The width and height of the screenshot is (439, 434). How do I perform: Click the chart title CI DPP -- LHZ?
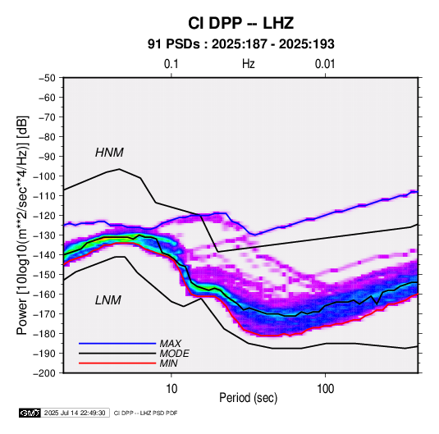pos(240,23)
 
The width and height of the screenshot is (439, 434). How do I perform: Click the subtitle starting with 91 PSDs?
pos(240,44)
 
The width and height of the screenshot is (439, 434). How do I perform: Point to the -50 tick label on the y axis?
pos(47,78)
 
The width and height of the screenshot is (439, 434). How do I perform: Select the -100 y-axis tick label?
pos(44,176)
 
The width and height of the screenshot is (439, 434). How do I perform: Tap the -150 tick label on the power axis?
pos(44,275)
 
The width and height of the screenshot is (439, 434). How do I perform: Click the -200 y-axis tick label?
pos(44,373)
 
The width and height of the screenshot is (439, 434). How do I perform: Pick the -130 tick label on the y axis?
pos(44,235)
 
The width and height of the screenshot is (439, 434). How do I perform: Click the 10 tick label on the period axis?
pos(171,389)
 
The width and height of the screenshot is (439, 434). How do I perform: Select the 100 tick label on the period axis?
pos(325,389)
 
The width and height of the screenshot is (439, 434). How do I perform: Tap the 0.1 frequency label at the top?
pos(171,64)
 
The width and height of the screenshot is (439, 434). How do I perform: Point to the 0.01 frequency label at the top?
pos(325,64)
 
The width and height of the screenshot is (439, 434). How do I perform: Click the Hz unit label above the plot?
pos(249,64)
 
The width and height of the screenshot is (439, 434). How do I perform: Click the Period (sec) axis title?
pos(249,398)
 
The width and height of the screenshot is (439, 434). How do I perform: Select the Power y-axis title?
pos(22,225)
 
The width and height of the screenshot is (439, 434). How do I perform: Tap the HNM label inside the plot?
pos(109,153)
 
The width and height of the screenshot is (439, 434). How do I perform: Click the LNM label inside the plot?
pos(108,300)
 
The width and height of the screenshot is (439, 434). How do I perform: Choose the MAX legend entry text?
pos(171,344)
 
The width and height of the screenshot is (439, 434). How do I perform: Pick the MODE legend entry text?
pos(175,354)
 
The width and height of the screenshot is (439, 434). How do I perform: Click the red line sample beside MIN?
pos(117,363)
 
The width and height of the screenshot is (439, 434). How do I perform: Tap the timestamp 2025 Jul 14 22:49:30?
pos(75,413)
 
